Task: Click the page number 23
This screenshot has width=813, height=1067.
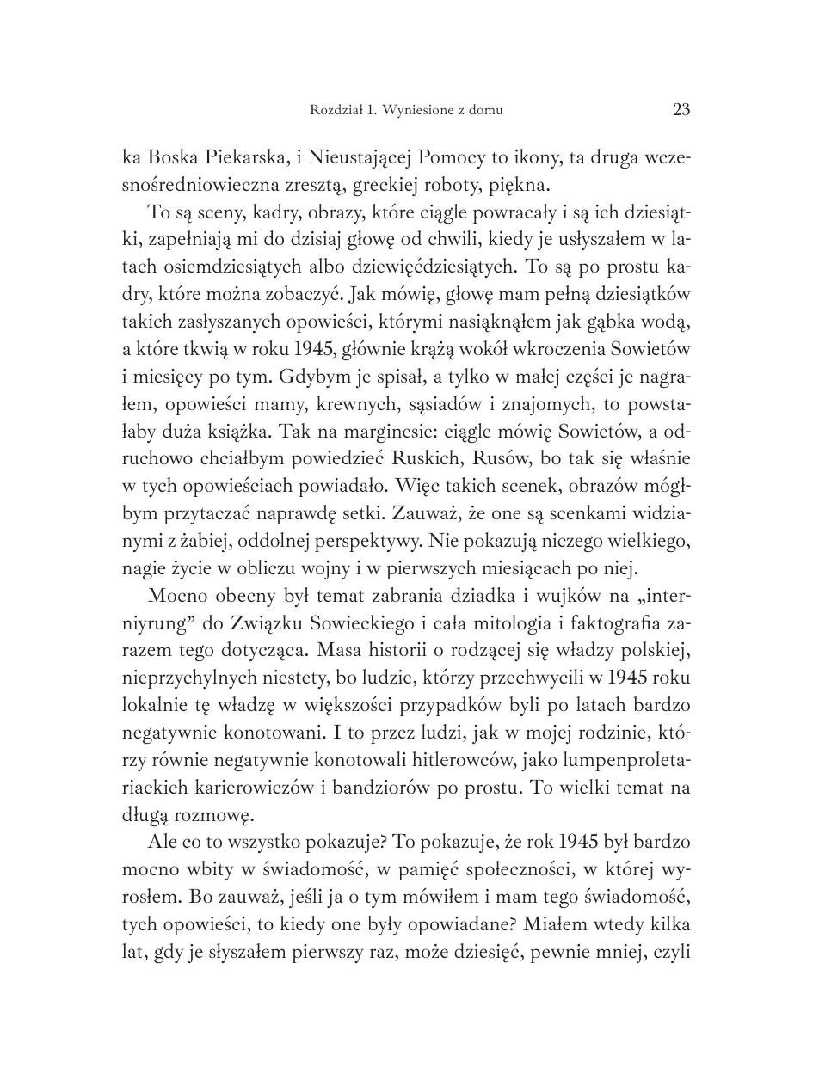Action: point(681,109)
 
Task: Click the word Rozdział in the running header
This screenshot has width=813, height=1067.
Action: point(335,110)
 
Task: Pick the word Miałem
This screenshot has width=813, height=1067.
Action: point(547,927)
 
